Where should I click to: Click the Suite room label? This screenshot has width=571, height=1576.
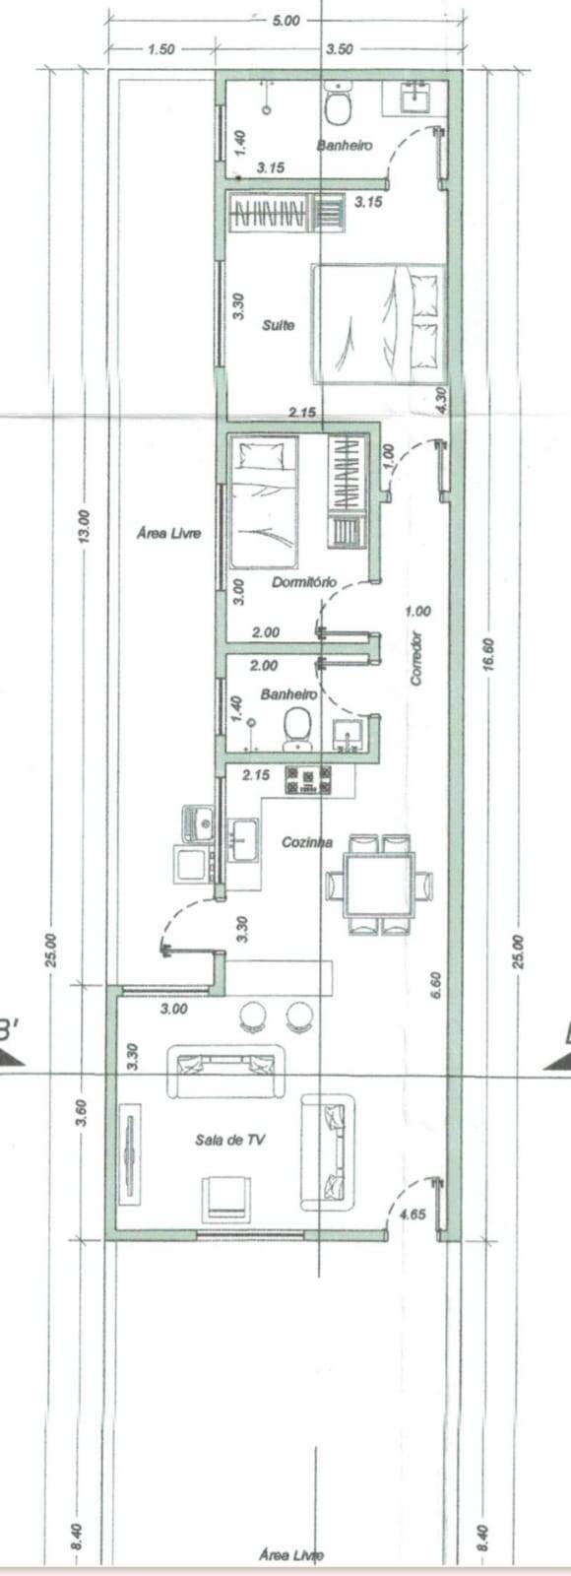[279, 324]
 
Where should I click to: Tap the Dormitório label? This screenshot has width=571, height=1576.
[304, 582]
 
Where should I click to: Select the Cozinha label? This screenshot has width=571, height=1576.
[307, 842]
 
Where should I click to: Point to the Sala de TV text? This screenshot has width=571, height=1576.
[231, 1140]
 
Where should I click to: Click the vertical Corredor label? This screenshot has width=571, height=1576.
[416, 658]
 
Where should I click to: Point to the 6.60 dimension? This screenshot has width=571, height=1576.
[437, 985]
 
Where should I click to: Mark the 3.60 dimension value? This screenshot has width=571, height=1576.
[83, 1112]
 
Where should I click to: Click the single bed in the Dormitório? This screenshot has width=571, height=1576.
[263, 502]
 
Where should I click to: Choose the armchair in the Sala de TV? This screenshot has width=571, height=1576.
[226, 1199]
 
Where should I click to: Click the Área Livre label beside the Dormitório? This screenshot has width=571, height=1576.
[169, 533]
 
